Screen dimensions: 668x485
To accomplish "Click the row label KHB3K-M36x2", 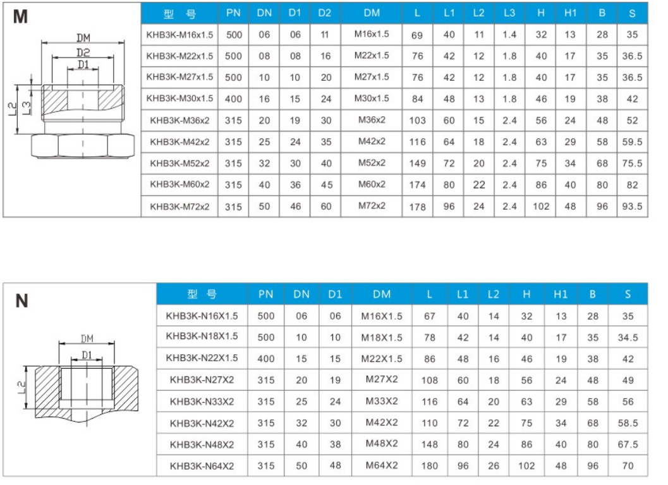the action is pyautogui.click(x=179, y=121).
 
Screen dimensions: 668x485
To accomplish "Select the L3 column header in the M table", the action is pyautogui.click(x=509, y=13).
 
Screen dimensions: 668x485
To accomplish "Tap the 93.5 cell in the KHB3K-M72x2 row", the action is pyautogui.click(x=632, y=207).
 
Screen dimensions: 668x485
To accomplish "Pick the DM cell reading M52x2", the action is pyautogui.click(x=372, y=163).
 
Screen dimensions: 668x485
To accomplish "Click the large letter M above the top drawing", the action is pyautogui.click(x=20, y=16).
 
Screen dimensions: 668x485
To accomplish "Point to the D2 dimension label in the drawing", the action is pyautogui.click(x=83, y=52).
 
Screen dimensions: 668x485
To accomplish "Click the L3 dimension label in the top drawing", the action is pyautogui.click(x=27, y=107).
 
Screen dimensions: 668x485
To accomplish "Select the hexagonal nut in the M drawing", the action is pyautogui.click(x=83, y=146).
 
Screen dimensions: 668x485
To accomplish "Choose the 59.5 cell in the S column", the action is pyautogui.click(x=632, y=142).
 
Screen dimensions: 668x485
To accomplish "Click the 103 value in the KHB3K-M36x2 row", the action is pyautogui.click(x=417, y=121).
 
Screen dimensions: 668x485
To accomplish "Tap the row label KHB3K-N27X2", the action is pyautogui.click(x=202, y=380).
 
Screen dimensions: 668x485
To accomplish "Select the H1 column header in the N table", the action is pyautogui.click(x=561, y=294).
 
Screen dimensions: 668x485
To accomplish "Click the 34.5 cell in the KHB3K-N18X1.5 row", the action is pyautogui.click(x=628, y=338).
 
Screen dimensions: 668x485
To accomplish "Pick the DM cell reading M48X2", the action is pyautogui.click(x=382, y=444).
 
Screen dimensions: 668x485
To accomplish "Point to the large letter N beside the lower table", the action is pyautogui.click(x=21, y=301).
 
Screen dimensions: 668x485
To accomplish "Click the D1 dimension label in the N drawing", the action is pyautogui.click(x=87, y=355).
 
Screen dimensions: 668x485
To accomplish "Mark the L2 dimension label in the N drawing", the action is pyautogui.click(x=21, y=387).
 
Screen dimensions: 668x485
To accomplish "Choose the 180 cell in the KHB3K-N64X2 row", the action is pyautogui.click(x=430, y=466).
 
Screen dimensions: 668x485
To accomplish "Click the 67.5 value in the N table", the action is pyautogui.click(x=628, y=445).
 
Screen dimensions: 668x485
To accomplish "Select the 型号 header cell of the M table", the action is pyautogui.click(x=179, y=14).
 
